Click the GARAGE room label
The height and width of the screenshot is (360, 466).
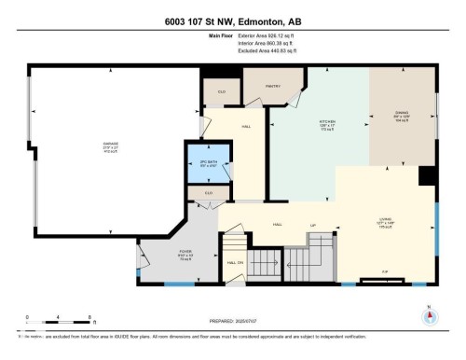[110, 145]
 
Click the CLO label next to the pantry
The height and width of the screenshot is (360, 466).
[221, 91]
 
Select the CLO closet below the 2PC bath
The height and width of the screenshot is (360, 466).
[207, 194]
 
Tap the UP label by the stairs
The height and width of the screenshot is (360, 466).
[313, 225]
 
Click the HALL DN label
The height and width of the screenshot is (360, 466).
[234, 263]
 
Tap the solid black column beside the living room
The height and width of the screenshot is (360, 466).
[428, 176]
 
